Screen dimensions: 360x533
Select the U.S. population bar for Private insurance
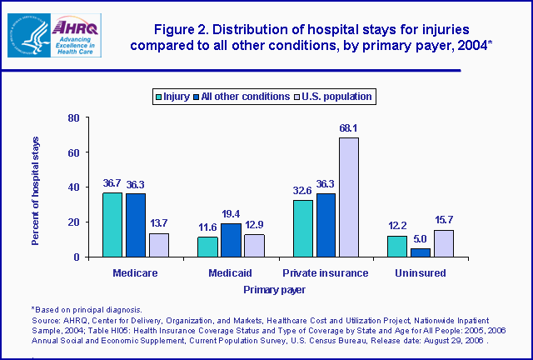coord(349,197)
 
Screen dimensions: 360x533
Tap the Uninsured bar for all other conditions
coord(421,252)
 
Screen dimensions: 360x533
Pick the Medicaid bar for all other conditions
coord(231,240)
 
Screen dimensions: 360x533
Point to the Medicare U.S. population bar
coord(159,245)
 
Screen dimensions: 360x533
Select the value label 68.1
coord(349,128)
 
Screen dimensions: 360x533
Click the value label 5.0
coord(421,239)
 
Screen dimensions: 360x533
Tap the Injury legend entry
coord(172,97)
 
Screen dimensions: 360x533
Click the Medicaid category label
coord(231,273)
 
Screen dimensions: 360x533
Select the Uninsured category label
coord(421,273)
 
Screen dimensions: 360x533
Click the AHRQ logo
coord(62,34)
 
